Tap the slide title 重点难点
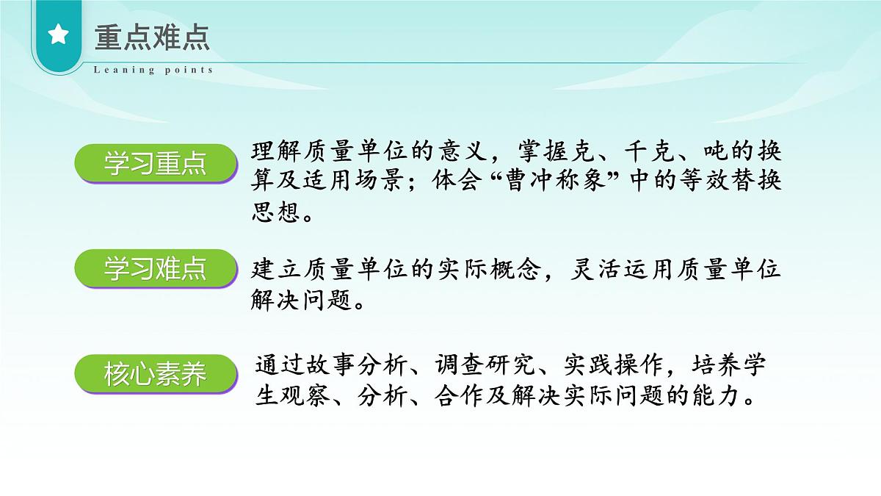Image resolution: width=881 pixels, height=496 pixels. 152,37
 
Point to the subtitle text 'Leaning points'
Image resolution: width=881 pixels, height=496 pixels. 153,70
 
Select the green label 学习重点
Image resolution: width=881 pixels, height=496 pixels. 156,164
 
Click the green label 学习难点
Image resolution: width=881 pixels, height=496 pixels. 156,269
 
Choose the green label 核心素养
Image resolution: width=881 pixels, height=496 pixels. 156,375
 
